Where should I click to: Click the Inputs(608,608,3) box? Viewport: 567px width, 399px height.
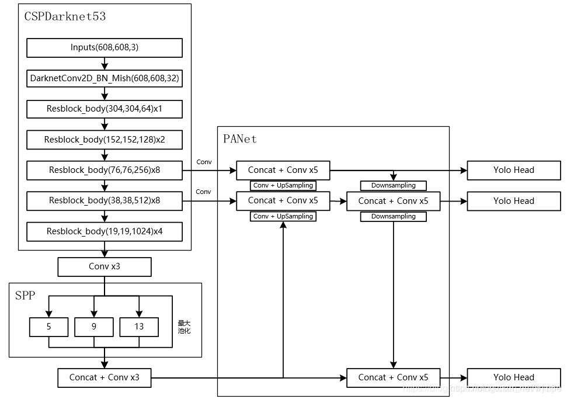(105, 47)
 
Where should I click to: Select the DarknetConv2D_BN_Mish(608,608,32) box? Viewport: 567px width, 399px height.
(105, 78)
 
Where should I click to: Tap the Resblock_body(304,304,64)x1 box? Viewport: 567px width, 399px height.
(105, 109)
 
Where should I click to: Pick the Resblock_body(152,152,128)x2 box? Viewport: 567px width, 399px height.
(105, 140)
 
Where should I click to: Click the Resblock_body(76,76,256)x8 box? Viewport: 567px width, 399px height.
(105, 170)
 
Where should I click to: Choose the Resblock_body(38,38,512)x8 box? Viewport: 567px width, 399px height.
(105, 200)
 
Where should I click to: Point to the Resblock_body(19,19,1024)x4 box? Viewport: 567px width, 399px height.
(105, 231)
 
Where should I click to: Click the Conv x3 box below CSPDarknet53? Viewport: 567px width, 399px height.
(105, 266)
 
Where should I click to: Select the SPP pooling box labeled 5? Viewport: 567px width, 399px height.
(49, 327)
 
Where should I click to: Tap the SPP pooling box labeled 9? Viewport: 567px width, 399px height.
(94, 327)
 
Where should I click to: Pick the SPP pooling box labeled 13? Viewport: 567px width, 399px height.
(139, 327)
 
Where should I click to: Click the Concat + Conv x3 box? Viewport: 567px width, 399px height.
(105, 377)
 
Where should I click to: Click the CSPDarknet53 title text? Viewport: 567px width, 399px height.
(65, 16)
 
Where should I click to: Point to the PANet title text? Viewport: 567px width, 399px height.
(239, 139)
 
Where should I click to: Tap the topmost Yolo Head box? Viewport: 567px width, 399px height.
(514, 170)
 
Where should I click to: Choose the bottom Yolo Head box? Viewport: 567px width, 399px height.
(514, 377)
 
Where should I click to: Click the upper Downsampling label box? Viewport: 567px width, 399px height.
(394, 186)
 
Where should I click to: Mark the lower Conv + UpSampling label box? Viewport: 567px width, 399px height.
(283, 216)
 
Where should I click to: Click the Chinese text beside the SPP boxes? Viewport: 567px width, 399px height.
(185, 327)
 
